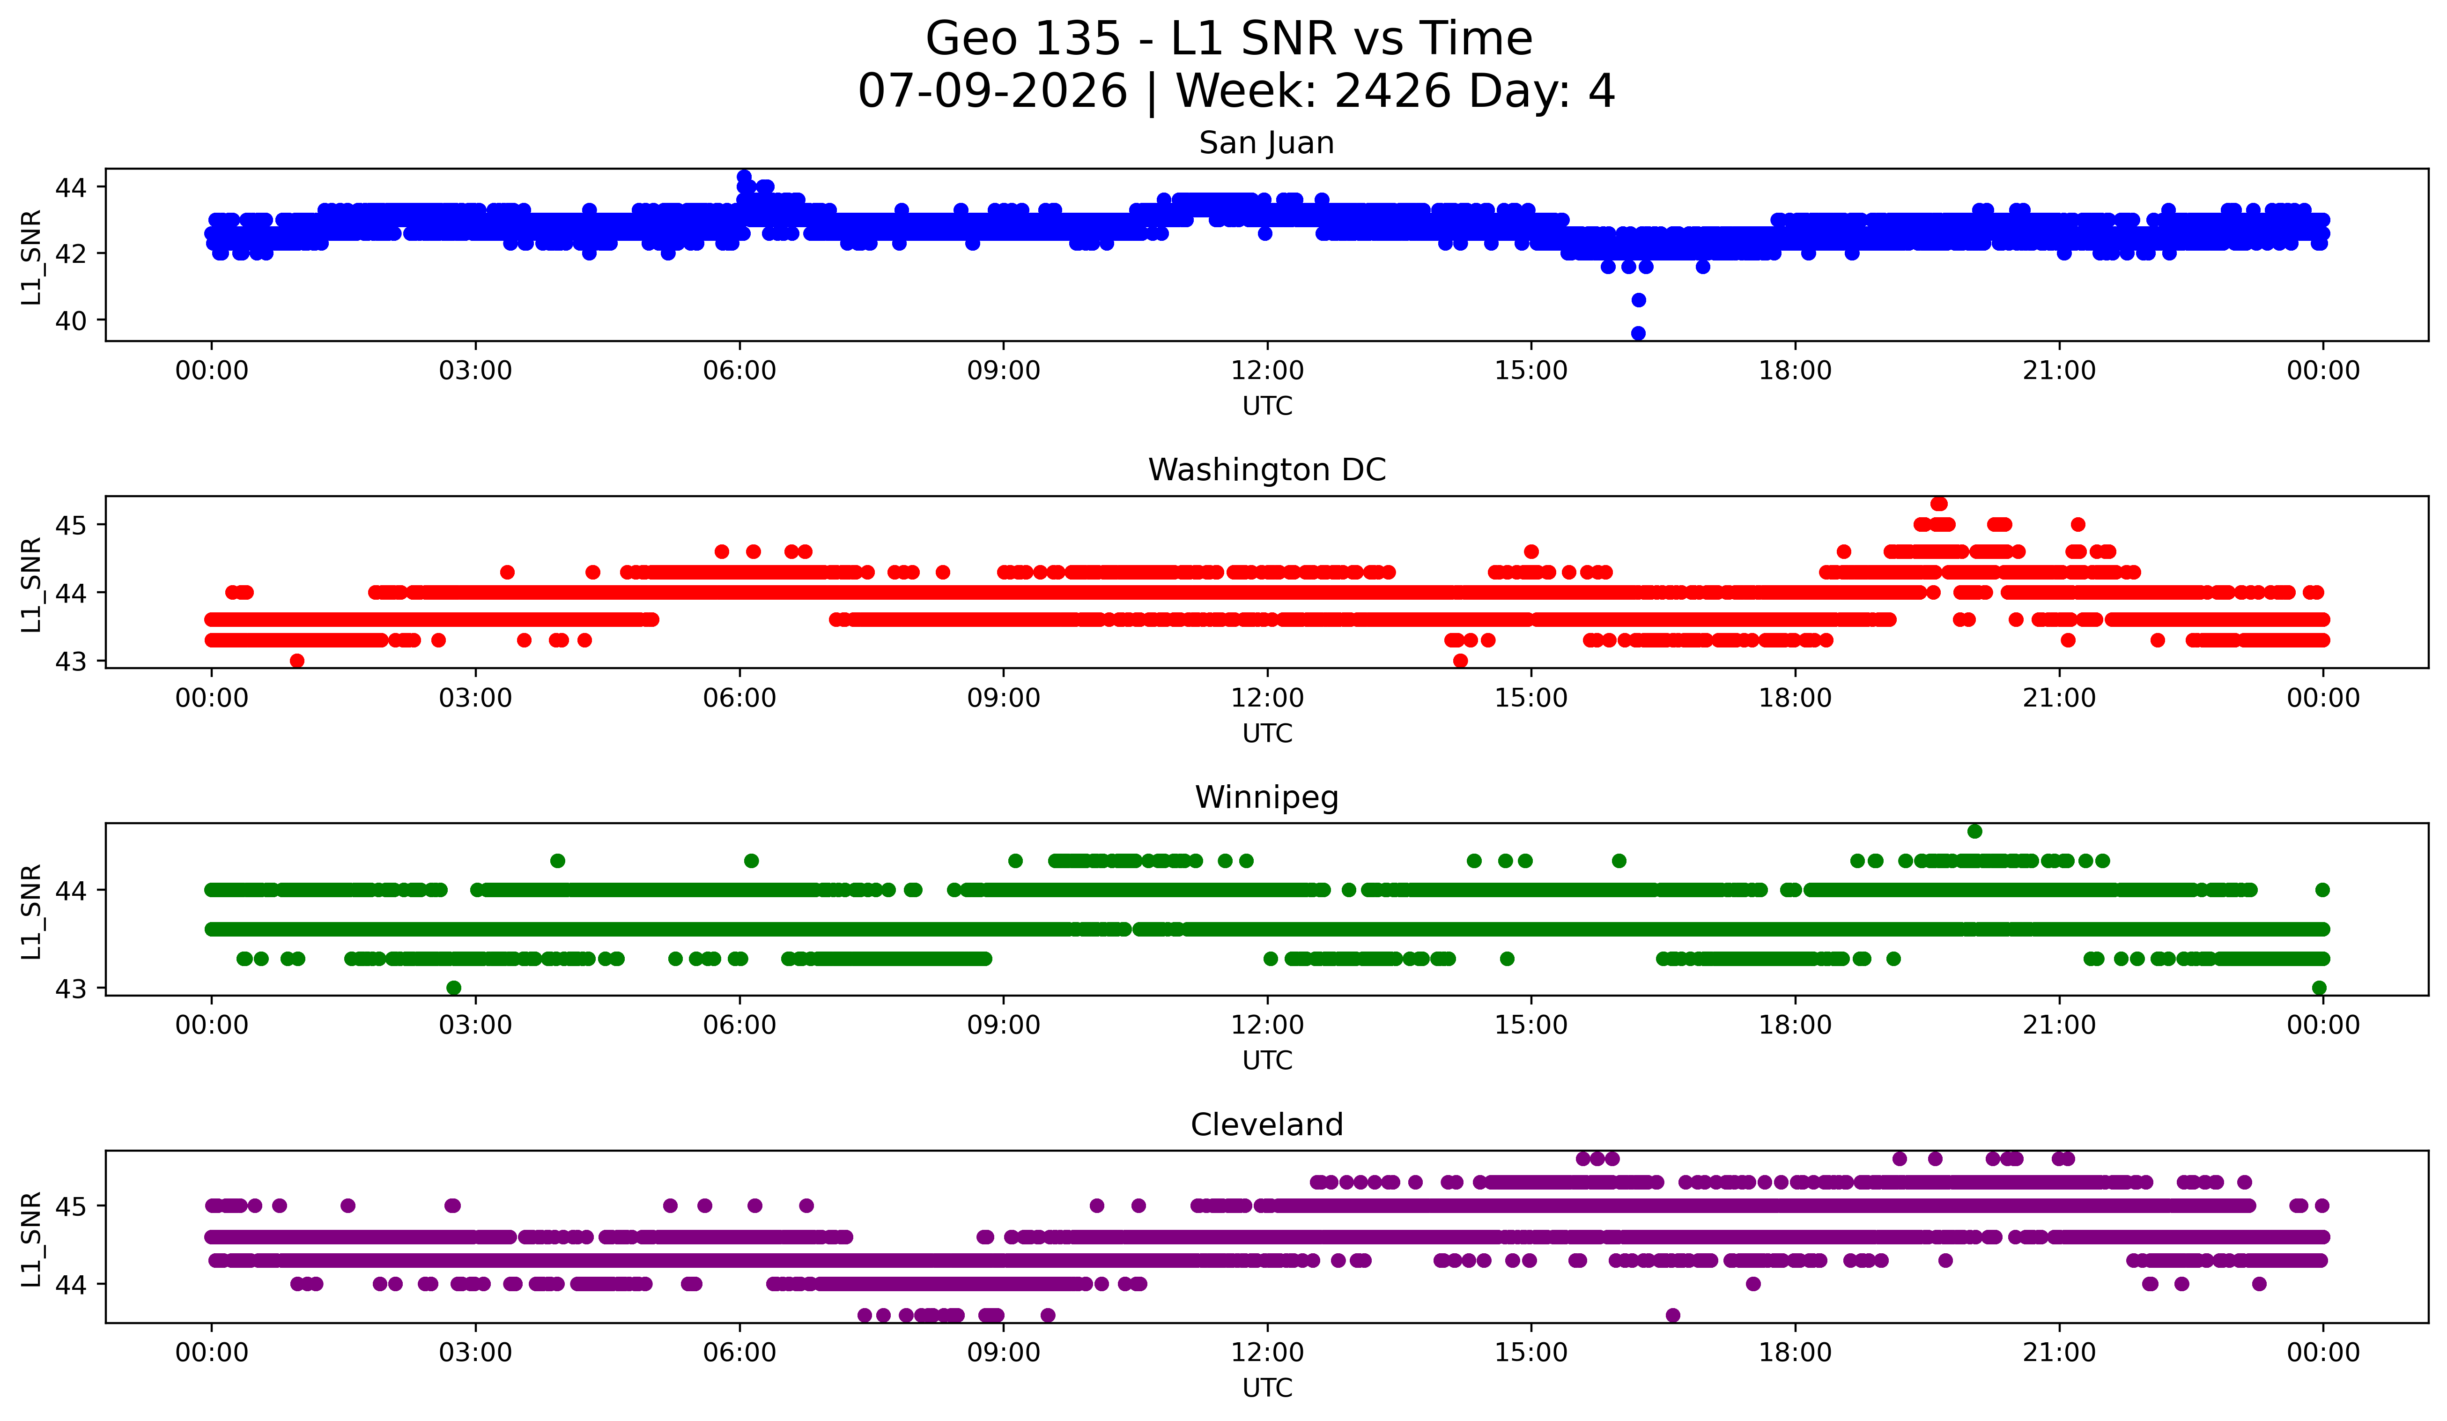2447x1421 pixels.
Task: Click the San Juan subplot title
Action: pyautogui.click(x=1266, y=143)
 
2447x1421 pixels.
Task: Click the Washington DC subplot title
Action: pyautogui.click(x=1266, y=470)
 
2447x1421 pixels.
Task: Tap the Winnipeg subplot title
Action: pyautogui.click(x=1266, y=797)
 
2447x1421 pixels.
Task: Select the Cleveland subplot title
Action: pyautogui.click(x=1266, y=1125)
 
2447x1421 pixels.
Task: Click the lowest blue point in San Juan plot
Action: pyautogui.click(x=1638, y=333)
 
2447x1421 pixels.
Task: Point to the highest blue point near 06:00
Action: pyautogui.click(x=744, y=177)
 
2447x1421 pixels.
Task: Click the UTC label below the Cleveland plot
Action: pyautogui.click(x=1267, y=1388)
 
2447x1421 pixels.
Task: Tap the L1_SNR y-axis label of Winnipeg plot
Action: pyautogui.click(x=31, y=911)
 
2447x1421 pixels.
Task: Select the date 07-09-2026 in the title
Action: pyautogui.click(x=992, y=91)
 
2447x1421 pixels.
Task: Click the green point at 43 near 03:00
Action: pyautogui.click(x=453, y=988)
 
